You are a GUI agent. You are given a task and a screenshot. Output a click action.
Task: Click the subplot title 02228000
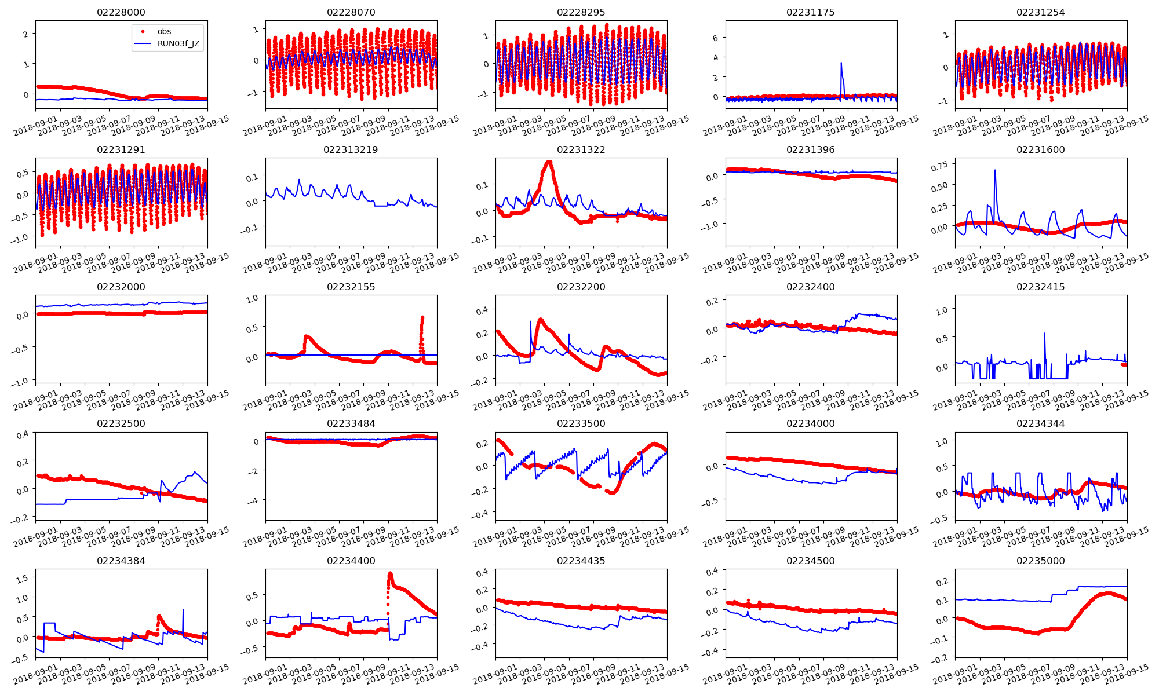pyautogui.click(x=121, y=12)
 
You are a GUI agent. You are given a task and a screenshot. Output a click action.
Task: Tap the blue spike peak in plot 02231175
pyautogui.click(x=841, y=63)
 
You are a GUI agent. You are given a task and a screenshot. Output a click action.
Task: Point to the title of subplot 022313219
pyautogui.click(x=351, y=149)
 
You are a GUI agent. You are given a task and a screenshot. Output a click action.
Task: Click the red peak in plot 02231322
pyautogui.click(x=549, y=162)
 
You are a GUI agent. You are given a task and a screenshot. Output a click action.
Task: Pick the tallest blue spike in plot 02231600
pyautogui.click(x=995, y=170)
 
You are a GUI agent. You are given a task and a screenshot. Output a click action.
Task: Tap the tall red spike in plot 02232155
pyautogui.click(x=422, y=317)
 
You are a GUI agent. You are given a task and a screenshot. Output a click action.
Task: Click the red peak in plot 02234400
pyautogui.click(x=390, y=574)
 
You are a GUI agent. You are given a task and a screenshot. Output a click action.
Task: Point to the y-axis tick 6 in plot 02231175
pyautogui.click(x=716, y=38)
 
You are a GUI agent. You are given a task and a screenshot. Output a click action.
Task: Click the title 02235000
pyautogui.click(x=1041, y=561)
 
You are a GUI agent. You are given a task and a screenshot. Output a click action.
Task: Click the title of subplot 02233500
pyautogui.click(x=581, y=423)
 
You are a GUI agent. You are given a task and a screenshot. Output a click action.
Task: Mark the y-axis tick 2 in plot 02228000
pyautogui.click(x=25, y=34)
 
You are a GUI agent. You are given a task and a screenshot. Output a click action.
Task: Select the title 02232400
pyautogui.click(x=811, y=287)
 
